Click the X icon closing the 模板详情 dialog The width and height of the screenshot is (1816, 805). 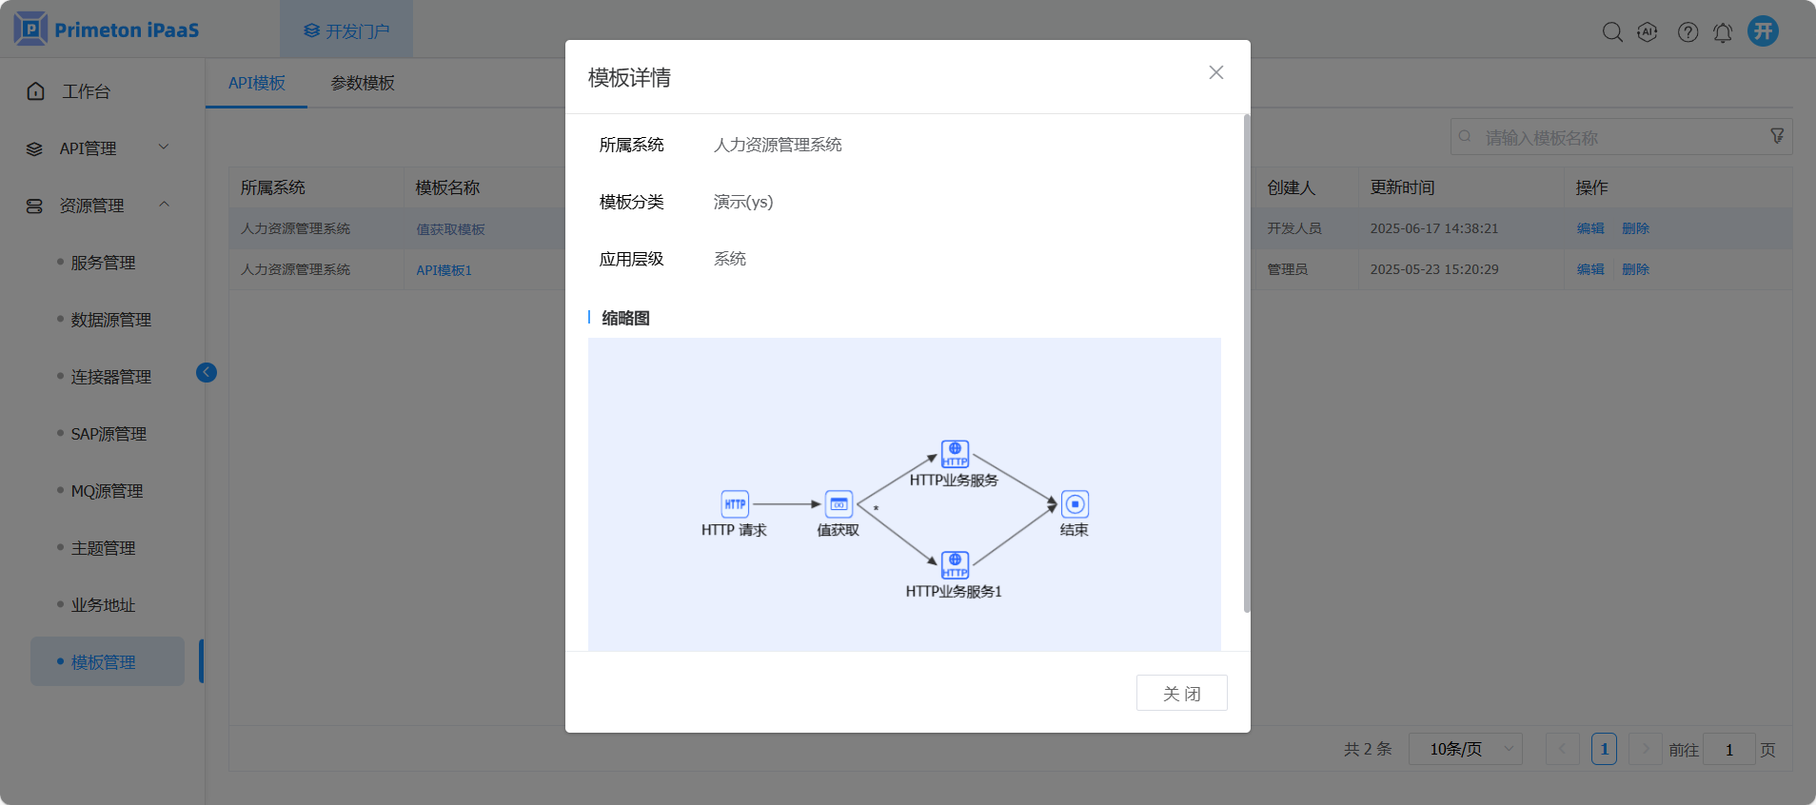1215,72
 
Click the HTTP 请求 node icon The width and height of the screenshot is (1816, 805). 735,503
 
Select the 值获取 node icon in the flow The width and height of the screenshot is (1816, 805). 839,503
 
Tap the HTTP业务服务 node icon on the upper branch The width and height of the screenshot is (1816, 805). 955,453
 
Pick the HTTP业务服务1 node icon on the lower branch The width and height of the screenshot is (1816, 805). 955,564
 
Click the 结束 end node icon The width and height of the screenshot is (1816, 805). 1075,503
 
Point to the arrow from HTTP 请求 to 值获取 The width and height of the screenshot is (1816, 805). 786,503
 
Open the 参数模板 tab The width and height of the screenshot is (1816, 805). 363,83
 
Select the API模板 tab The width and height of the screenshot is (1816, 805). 257,83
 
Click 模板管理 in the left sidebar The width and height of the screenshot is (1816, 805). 104,662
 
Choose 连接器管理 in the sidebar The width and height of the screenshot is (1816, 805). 110,377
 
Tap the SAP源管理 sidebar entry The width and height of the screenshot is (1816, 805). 109,434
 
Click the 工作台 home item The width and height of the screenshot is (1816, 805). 86,91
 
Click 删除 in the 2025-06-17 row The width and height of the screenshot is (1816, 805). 1635,228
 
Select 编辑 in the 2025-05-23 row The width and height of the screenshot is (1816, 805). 1589,269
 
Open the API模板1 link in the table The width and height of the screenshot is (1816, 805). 444,270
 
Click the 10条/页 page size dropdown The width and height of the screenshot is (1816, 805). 1465,749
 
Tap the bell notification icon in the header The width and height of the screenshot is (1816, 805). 1723,32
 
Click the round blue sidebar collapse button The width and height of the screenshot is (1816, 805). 207,372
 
